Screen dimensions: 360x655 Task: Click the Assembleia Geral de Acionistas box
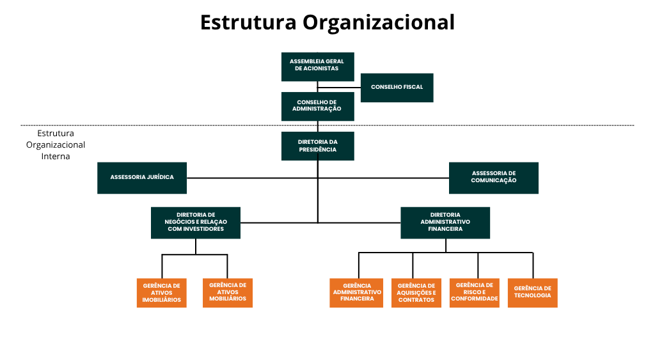317,66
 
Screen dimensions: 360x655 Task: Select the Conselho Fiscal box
397,87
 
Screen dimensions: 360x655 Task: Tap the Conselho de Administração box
317,106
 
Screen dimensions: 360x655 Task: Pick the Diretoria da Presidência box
317,146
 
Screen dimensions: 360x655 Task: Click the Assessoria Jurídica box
142,177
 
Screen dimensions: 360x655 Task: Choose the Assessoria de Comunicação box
493,177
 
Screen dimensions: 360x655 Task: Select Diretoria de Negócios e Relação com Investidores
196,222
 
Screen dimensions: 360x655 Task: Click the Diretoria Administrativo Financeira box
445,222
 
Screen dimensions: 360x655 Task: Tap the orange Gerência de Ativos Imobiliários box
161,293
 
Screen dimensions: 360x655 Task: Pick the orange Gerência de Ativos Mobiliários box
227,293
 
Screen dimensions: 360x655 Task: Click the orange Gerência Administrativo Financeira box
356,293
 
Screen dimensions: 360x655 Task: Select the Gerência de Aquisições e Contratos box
416,293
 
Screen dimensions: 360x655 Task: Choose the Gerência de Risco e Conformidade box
474,293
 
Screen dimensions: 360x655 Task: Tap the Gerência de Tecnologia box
532,292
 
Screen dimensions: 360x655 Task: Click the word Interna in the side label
56,156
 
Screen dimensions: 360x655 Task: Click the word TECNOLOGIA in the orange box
532,295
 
